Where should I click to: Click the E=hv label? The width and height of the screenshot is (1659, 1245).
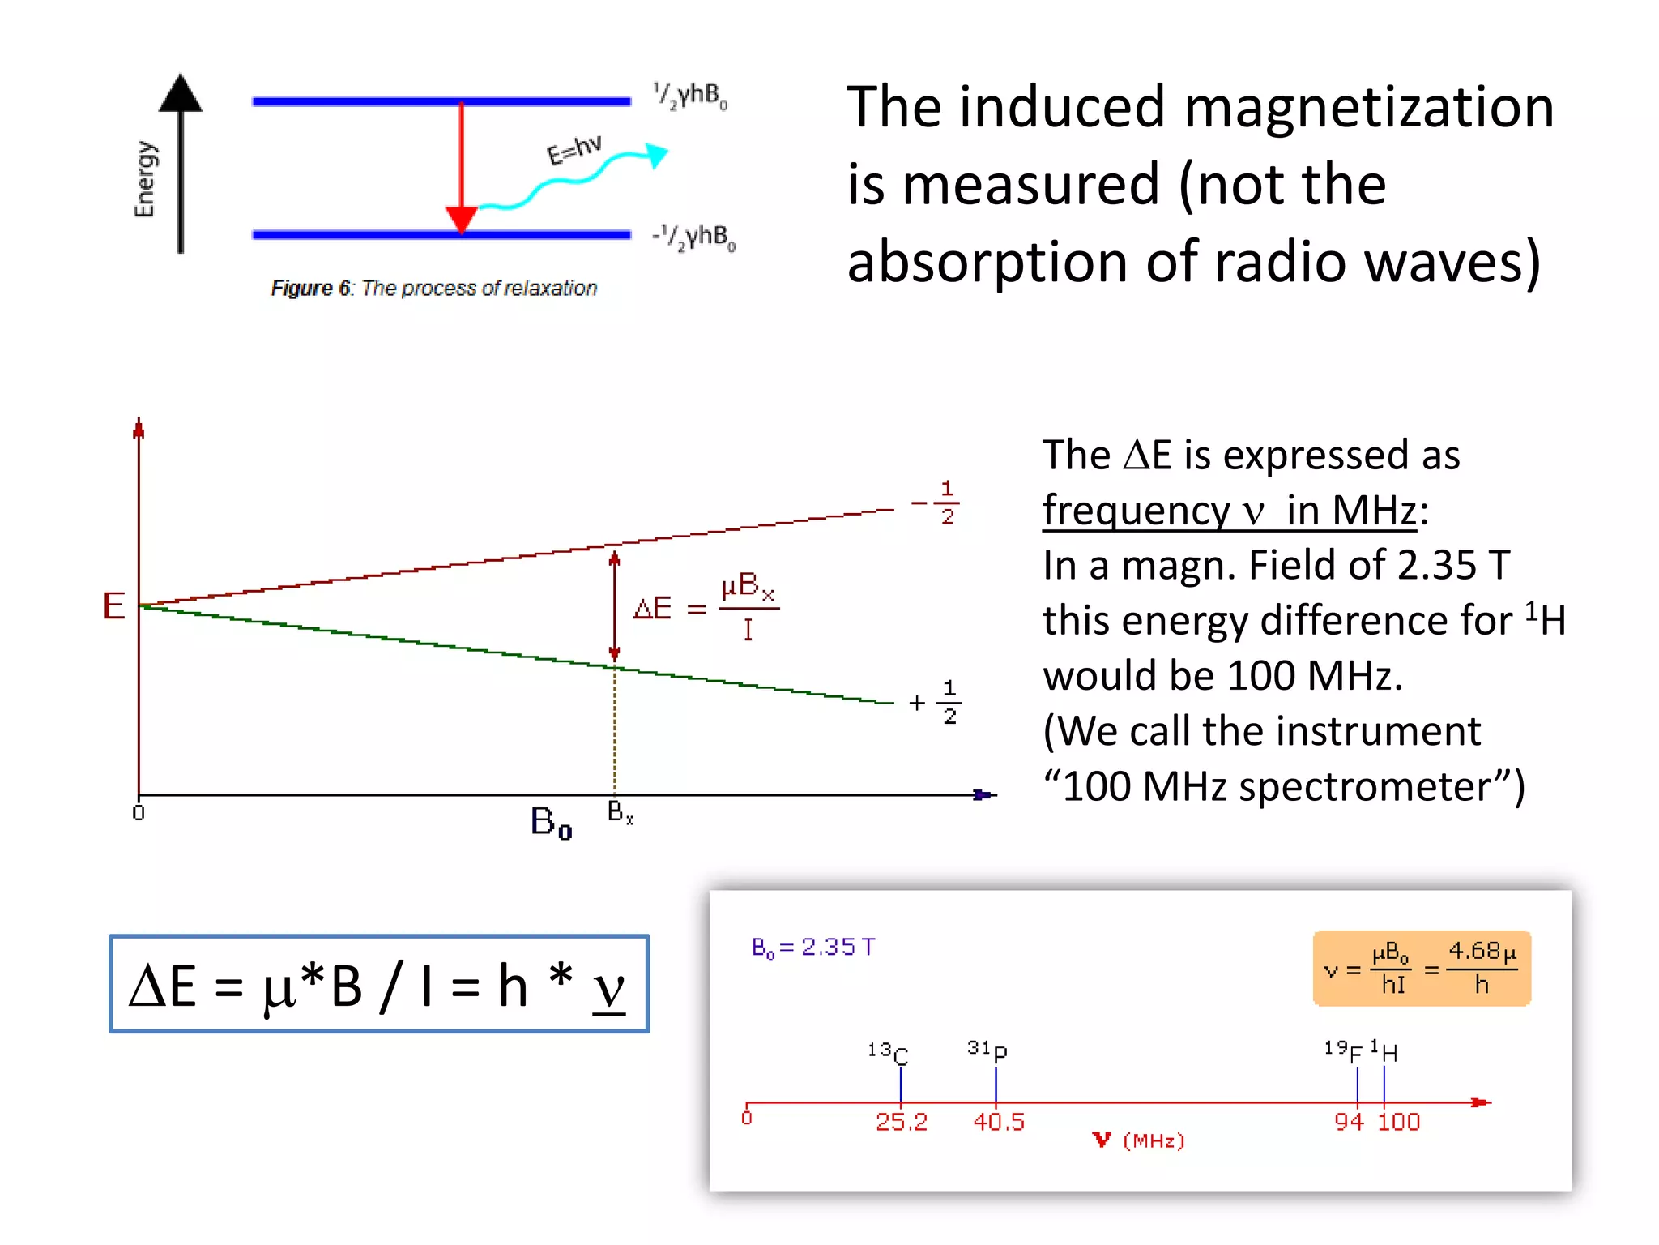pyautogui.click(x=574, y=148)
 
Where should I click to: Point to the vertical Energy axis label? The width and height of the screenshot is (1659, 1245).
pyautogui.click(x=144, y=179)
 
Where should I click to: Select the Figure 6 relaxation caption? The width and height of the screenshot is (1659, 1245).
pyautogui.click(x=433, y=289)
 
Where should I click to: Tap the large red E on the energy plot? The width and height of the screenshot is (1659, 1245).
pyautogui.click(x=113, y=606)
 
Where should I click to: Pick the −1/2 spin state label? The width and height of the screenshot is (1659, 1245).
pyautogui.click(x=937, y=503)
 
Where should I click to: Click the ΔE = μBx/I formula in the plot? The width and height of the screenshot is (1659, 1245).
pyautogui.click(x=705, y=606)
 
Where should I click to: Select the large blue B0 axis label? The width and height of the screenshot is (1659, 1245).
pyautogui.click(x=551, y=823)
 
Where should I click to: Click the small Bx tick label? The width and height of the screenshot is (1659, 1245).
pyautogui.click(x=620, y=812)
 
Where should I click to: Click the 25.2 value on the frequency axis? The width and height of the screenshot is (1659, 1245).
pyautogui.click(x=901, y=1123)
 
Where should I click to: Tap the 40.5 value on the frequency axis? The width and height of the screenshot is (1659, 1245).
pyautogui.click(x=998, y=1123)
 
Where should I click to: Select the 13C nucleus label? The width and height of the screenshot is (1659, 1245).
pyautogui.click(x=888, y=1053)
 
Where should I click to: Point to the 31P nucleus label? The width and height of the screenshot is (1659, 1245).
pyautogui.click(x=987, y=1050)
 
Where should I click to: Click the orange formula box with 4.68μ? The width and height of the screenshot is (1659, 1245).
pyautogui.click(x=1422, y=969)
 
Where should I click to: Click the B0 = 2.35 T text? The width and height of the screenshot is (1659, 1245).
pyautogui.click(x=812, y=948)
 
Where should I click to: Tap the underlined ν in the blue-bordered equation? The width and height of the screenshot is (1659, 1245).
pyautogui.click(x=609, y=989)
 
